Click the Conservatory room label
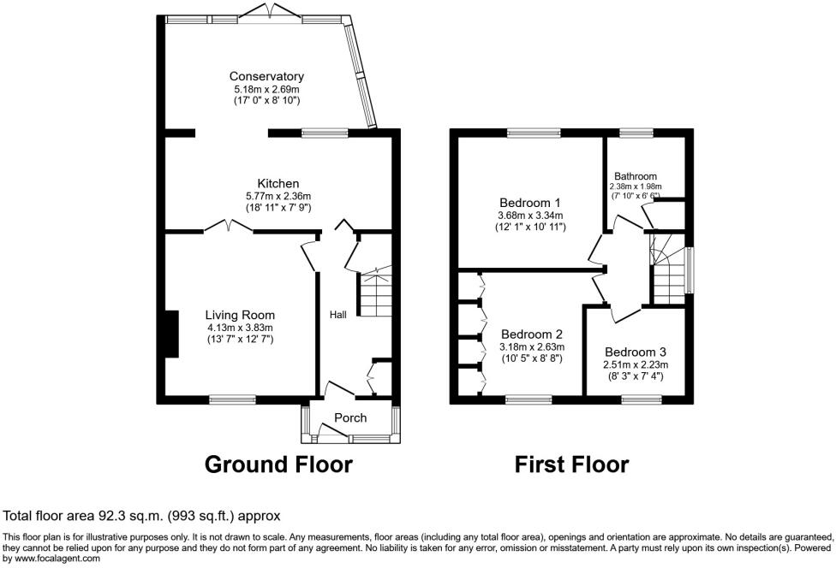(266, 76)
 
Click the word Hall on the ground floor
(338, 316)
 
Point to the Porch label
(350, 418)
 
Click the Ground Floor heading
(278, 464)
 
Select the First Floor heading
(571, 464)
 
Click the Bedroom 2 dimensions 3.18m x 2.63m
(532, 347)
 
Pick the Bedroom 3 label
(635, 352)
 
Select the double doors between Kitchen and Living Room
(228, 227)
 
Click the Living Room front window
(232, 399)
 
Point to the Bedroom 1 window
(533, 133)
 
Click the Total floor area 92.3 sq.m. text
(141, 517)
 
